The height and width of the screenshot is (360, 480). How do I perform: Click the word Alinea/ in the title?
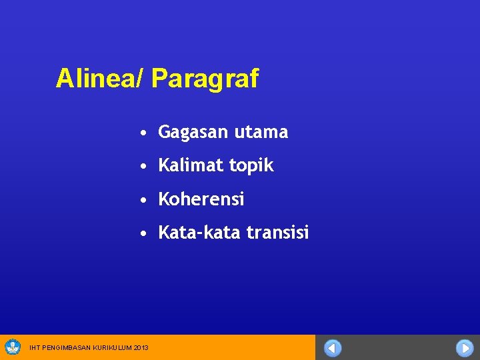(100, 79)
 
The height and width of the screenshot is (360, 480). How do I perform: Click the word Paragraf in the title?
(205, 79)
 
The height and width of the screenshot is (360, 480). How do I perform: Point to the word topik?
(251, 166)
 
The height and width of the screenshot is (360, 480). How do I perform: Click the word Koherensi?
(201, 199)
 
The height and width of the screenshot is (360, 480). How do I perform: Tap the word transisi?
(278, 233)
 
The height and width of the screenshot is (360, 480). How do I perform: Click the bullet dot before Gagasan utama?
(144, 133)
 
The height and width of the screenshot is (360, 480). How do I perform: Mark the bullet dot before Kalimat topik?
(144, 167)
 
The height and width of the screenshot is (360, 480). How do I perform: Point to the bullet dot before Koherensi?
(144, 200)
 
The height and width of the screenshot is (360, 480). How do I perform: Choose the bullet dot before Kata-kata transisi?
(144, 233)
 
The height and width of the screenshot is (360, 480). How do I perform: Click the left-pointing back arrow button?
(333, 348)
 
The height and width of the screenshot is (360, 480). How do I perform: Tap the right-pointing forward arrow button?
(465, 348)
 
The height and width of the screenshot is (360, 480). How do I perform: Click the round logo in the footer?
(13, 347)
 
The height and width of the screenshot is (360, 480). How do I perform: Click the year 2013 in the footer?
(141, 347)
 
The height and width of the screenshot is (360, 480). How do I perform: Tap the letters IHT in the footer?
(35, 347)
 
